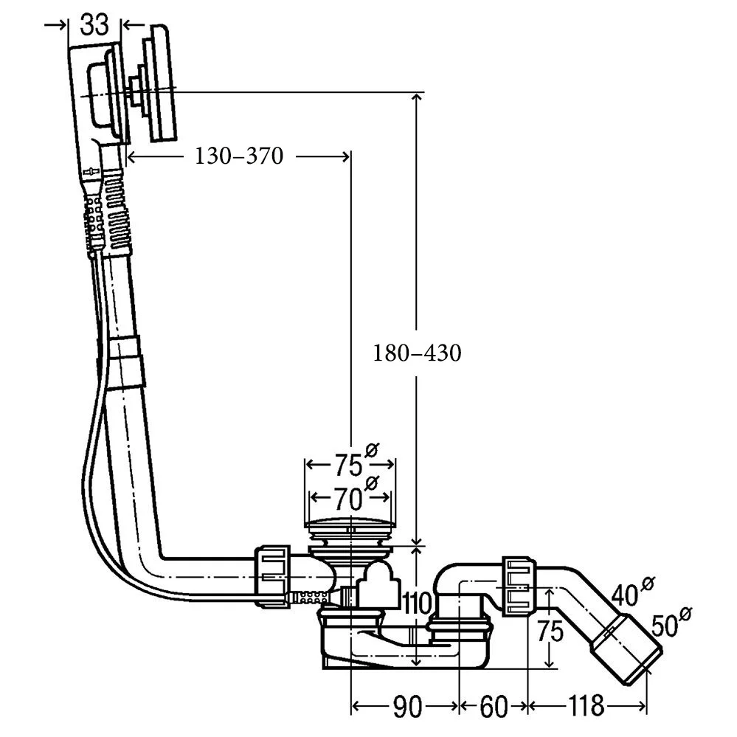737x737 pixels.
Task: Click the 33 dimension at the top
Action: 94,24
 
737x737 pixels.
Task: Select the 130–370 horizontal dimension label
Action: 239,156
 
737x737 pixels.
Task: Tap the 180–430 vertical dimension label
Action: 417,353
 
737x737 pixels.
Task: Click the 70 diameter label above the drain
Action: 347,499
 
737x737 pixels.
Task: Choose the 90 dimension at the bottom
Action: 406,707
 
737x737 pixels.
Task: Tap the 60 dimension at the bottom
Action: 494,707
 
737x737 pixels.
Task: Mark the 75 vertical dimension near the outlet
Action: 550,632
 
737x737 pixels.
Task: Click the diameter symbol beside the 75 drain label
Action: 372,449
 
